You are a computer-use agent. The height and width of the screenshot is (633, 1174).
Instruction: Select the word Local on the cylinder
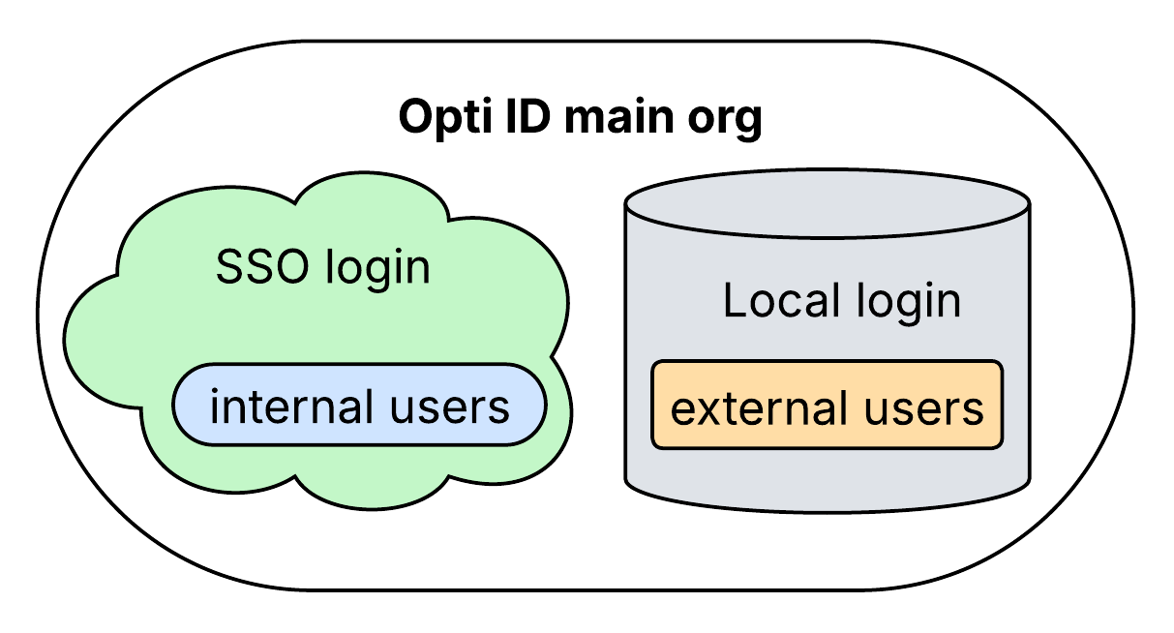pos(779,302)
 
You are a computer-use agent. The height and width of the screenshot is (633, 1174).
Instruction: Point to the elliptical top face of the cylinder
pos(827,205)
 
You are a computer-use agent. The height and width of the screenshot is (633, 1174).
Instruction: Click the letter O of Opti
pos(415,118)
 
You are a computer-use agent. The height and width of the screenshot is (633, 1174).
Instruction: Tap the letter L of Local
pos(735,301)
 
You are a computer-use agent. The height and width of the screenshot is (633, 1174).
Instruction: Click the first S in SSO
pos(229,268)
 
